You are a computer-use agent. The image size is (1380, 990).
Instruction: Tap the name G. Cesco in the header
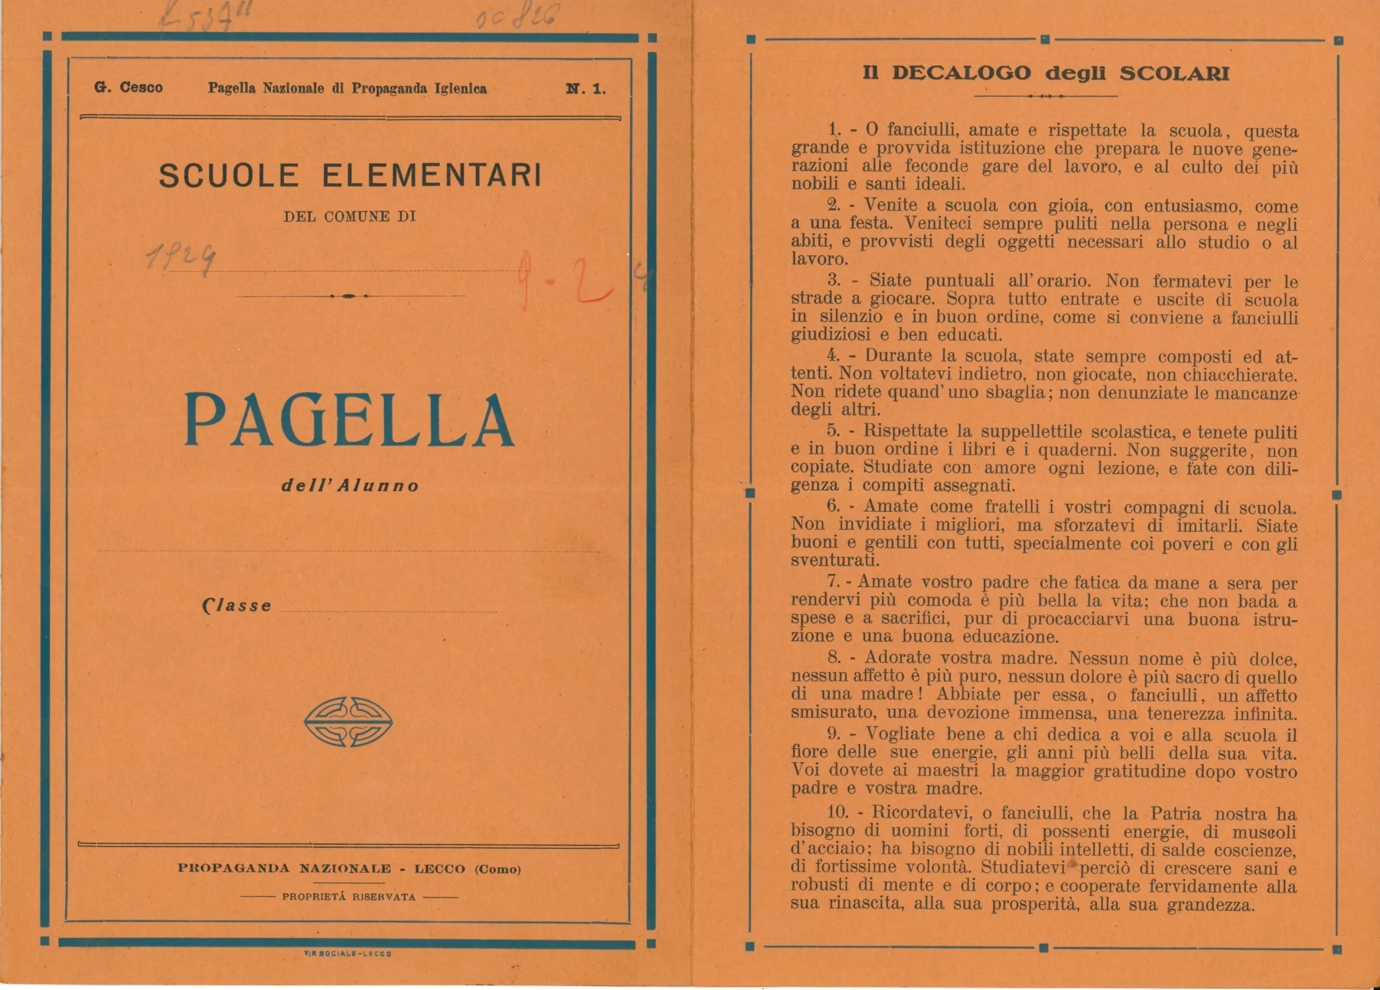click(x=128, y=87)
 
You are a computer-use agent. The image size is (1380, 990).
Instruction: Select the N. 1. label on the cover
click(x=585, y=89)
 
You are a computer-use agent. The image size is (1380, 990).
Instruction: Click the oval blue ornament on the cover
click(x=348, y=722)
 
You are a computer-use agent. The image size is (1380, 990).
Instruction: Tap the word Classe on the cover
click(x=237, y=606)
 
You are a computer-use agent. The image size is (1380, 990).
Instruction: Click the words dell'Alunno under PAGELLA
click(x=350, y=486)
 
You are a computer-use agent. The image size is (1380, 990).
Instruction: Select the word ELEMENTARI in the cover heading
click(x=431, y=176)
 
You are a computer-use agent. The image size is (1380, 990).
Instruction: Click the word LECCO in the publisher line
click(x=439, y=869)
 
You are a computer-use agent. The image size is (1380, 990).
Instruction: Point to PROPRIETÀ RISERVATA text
click(x=349, y=897)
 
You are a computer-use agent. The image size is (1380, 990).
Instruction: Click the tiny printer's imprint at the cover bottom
click(x=348, y=953)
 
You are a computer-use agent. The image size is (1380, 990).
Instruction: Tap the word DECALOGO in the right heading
click(x=961, y=74)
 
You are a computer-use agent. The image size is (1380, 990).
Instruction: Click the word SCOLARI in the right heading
click(x=1174, y=74)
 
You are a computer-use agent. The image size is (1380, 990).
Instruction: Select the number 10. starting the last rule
click(x=837, y=813)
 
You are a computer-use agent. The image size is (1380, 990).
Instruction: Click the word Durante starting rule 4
click(x=898, y=356)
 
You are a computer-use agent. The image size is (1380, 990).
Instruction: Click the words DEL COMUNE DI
click(x=349, y=217)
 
